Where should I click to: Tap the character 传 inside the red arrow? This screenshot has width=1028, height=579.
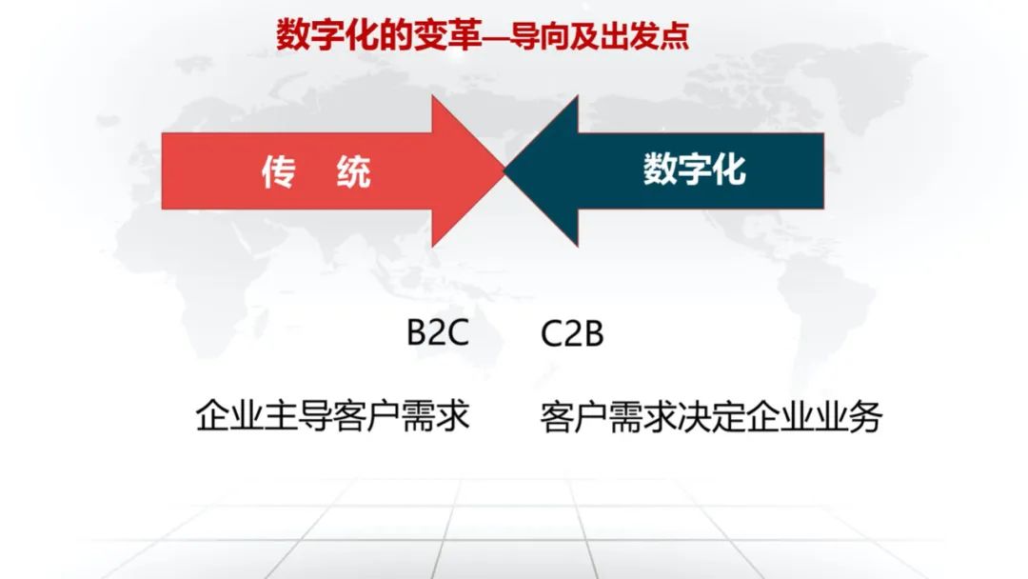pos(279,171)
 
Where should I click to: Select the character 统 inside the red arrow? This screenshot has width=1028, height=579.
pos(354,171)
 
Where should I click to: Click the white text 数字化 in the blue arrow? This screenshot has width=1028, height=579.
pos(694,170)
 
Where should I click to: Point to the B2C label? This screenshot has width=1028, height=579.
pos(437,332)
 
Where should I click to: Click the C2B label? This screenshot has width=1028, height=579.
pos(572,333)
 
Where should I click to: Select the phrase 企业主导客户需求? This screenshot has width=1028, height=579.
pos(332,416)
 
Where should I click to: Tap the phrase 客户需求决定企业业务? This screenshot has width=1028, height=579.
pos(711,416)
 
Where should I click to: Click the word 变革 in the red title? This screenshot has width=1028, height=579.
pos(449,34)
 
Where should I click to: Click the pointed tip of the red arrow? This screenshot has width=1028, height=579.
pos(504,171)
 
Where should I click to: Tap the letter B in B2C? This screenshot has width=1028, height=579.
pos(417,332)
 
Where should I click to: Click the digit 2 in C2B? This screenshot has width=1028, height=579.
pos(572,333)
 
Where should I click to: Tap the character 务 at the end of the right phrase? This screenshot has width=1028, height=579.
pos(865,416)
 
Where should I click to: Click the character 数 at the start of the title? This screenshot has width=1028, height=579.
pos(293,34)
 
